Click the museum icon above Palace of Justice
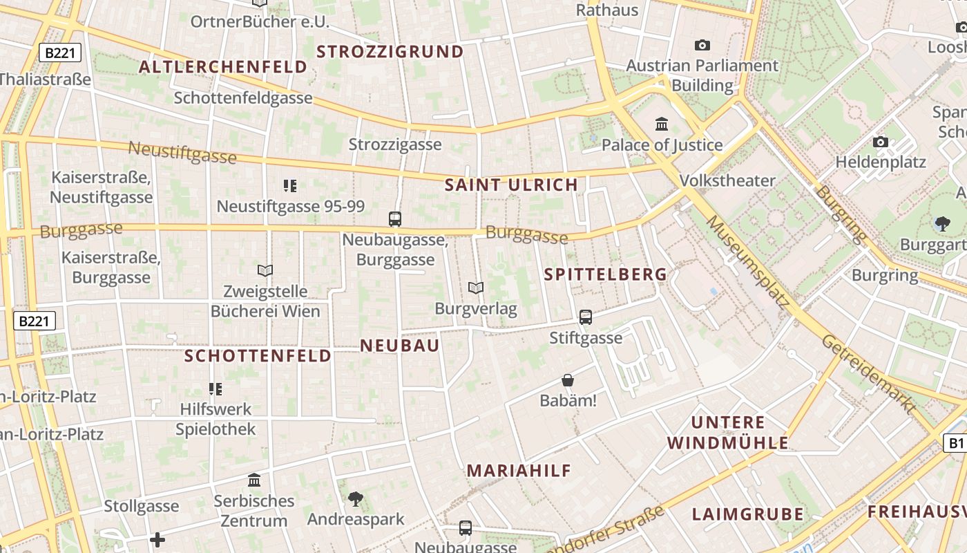[662, 124]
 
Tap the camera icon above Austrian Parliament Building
[702, 45]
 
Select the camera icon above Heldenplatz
[881, 142]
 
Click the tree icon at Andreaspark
[356, 498]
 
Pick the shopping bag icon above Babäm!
[568, 380]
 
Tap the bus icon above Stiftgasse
[586, 317]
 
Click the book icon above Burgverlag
[475, 288]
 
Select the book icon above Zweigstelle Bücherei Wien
[265, 270]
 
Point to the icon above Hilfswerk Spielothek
[216, 389]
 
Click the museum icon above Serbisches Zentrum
[254, 480]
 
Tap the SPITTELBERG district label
[606, 274]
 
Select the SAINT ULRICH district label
[511, 185]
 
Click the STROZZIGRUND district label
[390, 52]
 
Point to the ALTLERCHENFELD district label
[223, 67]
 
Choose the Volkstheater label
[727, 180]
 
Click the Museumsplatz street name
[748, 261]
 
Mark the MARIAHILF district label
[519, 471]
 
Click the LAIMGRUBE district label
[748, 514]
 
